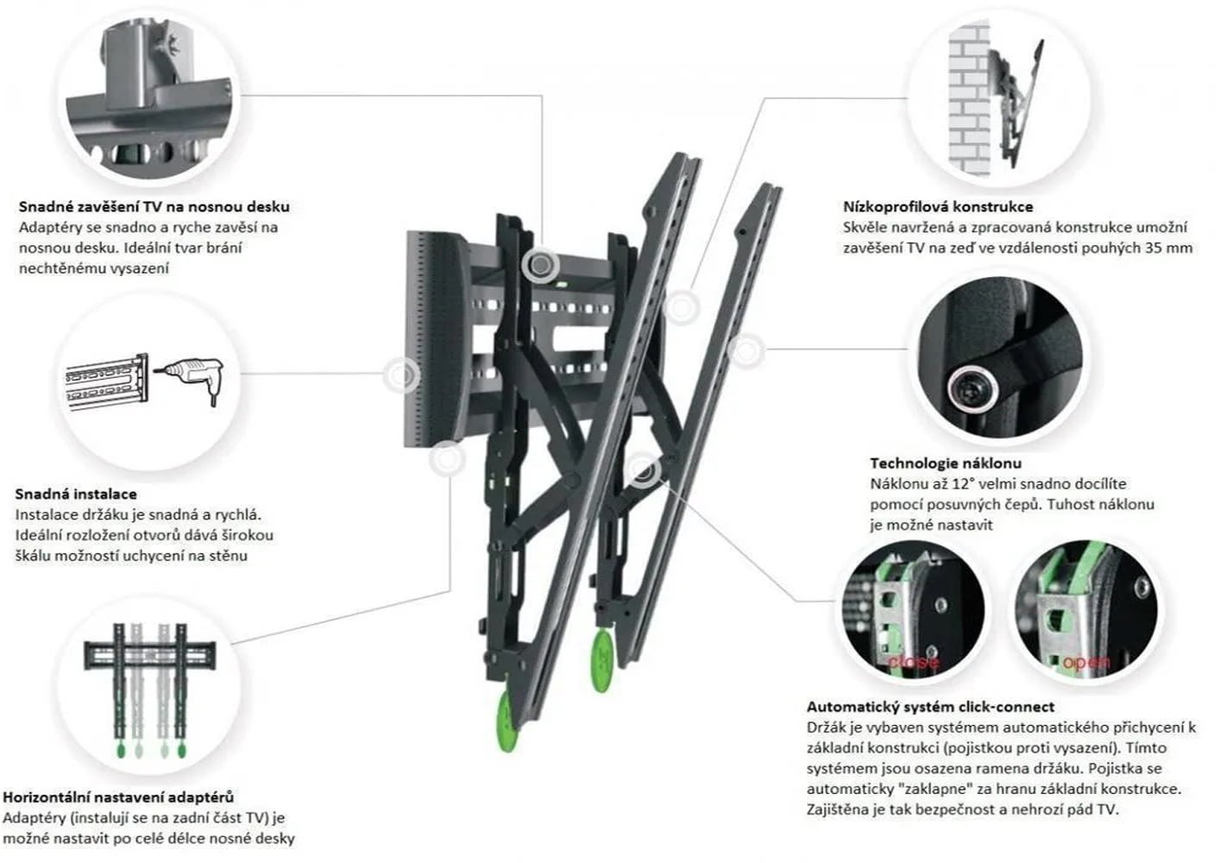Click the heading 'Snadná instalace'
[76, 494]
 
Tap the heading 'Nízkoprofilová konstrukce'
[938, 207]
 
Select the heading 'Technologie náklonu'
[945, 463]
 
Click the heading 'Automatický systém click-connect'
[930, 707]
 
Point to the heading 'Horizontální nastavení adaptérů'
[118, 797]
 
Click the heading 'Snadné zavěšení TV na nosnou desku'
[154, 207]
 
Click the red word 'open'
[1086, 662]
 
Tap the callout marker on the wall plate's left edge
[401, 375]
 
